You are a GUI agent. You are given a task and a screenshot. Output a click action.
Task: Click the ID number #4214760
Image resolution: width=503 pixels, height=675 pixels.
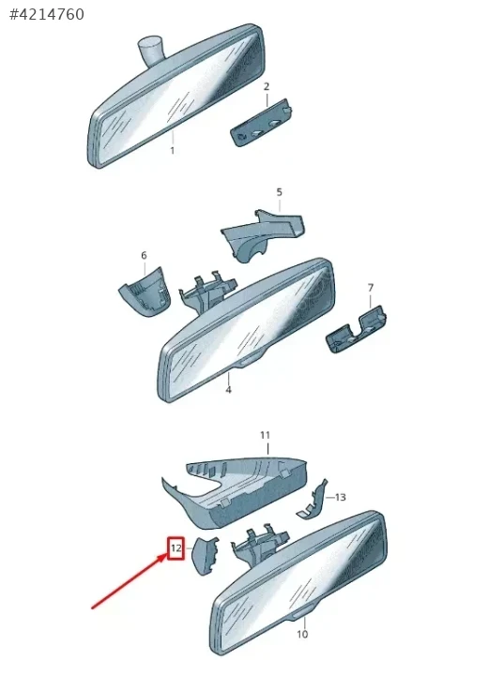pos(47,14)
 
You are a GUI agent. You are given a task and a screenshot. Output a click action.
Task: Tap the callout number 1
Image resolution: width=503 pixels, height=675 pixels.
pos(173,151)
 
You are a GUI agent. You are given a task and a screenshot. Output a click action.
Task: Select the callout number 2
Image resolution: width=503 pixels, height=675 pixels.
pos(267,86)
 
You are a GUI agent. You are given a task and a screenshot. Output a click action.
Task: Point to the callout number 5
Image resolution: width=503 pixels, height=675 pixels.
pos(280,192)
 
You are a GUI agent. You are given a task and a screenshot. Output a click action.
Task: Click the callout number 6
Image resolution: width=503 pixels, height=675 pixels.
pos(144,255)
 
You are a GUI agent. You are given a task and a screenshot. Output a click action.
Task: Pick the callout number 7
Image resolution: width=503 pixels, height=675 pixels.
pos(371,287)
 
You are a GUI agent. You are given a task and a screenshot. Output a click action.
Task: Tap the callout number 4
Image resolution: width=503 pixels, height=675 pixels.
pos(228,390)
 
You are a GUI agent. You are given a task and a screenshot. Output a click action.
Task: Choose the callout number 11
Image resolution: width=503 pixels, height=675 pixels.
pos(265,435)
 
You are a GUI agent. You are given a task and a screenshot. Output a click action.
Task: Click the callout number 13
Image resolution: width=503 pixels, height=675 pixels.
pos(341,497)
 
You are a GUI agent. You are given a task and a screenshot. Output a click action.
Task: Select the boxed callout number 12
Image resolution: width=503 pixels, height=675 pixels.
pos(175,548)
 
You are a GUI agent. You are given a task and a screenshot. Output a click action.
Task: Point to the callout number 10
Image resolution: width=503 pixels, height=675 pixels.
pos(302,634)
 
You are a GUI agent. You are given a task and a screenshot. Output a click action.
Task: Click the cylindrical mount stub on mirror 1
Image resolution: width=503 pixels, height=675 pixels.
pos(151,50)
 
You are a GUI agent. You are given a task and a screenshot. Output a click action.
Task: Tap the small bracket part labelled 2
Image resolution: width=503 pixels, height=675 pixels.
pos(261,123)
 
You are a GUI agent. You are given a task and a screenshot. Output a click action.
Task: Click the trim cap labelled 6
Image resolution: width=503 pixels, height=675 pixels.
pos(144,292)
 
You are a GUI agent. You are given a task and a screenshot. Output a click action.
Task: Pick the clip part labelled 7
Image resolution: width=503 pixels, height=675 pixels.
pos(356,329)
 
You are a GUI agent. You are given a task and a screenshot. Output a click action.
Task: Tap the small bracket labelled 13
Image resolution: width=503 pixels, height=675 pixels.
pos(313,501)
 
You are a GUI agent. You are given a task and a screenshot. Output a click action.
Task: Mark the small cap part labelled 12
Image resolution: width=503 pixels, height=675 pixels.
pos(205,556)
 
